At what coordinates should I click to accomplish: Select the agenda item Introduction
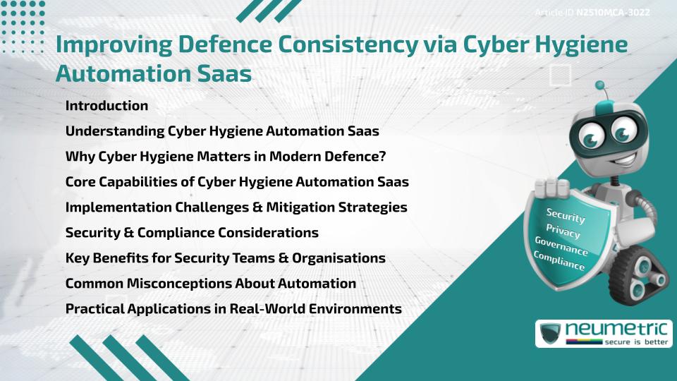(106, 106)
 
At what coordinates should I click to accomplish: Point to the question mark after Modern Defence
(382, 156)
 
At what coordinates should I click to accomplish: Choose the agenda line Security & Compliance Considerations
(192, 232)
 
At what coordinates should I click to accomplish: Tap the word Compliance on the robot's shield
(560, 260)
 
